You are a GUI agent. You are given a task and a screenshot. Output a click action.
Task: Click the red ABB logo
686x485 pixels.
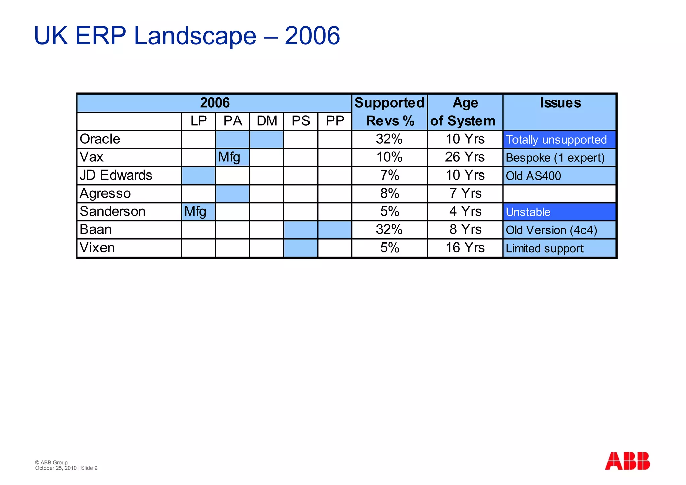pyautogui.click(x=627, y=461)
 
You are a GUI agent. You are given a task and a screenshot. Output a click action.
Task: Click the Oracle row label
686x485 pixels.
pyautogui.click(x=100, y=139)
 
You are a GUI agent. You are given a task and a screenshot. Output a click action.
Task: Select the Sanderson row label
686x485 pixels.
pyautogui.click(x=113, y=211)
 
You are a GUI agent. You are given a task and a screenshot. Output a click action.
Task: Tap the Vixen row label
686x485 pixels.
pyautogui.click(x=97, y=248)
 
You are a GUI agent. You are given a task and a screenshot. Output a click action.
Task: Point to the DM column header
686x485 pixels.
pyautogui.click(x=267, y=121)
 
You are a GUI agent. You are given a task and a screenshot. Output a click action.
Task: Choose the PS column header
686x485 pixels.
pyautogui.click(x=301, y=121)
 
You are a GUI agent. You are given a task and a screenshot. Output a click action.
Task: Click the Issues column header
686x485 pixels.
pyautogui.click(x=560, y=103)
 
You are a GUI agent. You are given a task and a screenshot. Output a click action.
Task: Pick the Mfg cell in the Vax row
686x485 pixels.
pyautogui.click(x=230, y=157)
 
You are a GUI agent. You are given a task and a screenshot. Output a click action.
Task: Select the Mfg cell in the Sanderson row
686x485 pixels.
pyautogui.click(x=196, y=211)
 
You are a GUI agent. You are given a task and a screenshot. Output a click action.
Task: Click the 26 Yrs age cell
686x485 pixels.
pyautogui.click(x=465, y=157)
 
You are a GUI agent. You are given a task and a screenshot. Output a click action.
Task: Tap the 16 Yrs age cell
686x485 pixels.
pyautogui.click(x=465, y=248)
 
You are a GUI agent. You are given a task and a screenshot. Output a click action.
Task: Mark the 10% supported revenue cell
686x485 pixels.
pyautogui.click(x=389, y=157)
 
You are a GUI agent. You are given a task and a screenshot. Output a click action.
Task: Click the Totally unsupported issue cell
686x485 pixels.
pyautogui.click(x=556, y=140)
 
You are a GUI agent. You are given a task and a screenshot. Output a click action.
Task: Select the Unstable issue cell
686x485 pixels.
pyautogui.click(x=528, y=212)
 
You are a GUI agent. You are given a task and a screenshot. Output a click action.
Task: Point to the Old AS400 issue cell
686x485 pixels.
pyautogui.click(x=533, y=176)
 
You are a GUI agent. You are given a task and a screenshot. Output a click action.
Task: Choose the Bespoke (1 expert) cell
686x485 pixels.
pyautogui.click(x=555, y=158)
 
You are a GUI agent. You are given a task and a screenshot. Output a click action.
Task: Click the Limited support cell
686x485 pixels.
pyautogui.click(x=545, y=249)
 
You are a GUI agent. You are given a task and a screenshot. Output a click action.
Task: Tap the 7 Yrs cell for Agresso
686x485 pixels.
pyautogui.click(x=465, y=193)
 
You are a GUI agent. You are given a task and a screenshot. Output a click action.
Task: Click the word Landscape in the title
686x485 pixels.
pyautogui.click(x=195, y=36)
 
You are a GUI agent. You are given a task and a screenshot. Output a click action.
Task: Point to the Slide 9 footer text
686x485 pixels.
pyautogui.click(x=89, y=468)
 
